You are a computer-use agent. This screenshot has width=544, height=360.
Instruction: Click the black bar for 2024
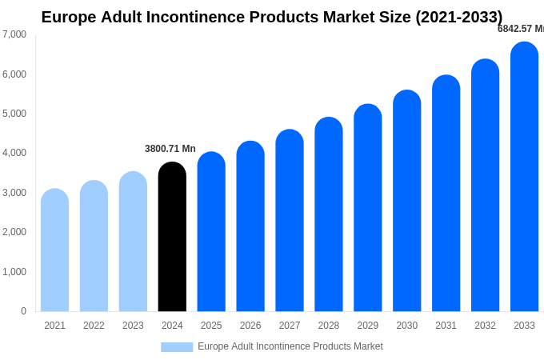pos(172,237)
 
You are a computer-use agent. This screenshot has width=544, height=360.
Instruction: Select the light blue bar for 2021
pos(54,250)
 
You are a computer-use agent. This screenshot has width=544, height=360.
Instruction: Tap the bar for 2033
pos(524,177)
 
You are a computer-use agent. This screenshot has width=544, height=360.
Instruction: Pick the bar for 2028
pos(329,214)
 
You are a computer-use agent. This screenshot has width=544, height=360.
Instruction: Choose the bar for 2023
pos(133,242)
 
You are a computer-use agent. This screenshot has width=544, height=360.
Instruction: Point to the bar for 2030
pos(406,201)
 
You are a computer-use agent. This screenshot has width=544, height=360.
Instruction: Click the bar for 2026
pos(250,226)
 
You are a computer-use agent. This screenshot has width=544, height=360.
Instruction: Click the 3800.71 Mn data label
pos(170,149)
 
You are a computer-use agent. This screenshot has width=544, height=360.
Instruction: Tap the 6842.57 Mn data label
pos(520,29)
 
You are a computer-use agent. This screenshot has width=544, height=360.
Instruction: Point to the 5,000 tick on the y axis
pos(14,114)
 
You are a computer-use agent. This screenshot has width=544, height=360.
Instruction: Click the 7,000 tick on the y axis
pos(14,34)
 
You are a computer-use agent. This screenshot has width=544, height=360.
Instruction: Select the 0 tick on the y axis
pos(23,311)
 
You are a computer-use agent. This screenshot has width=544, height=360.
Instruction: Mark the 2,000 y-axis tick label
pos(14,232)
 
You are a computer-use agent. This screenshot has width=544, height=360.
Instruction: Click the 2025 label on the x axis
pos(211,326)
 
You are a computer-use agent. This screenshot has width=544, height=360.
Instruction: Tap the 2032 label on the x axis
pos(485,326)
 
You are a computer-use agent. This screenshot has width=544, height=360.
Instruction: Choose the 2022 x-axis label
pos(94,326)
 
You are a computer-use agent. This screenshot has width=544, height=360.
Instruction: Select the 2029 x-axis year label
pos(368,326)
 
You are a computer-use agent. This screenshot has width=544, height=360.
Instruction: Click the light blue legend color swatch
pos(177,347)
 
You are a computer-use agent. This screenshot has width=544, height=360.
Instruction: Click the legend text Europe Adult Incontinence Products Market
pos(290,346)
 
